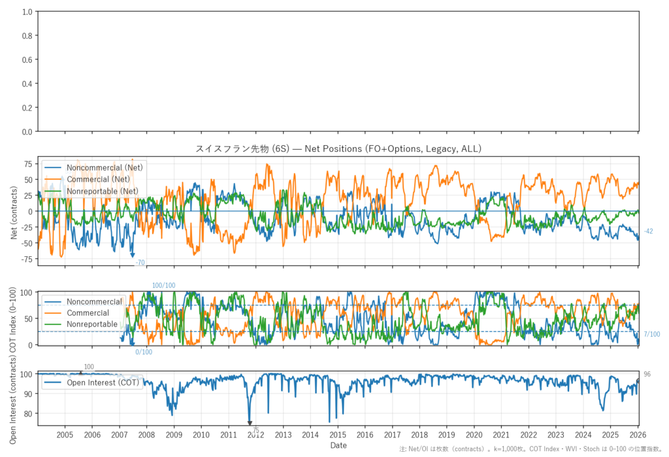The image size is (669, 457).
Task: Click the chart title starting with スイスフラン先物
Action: [x=338, y=149]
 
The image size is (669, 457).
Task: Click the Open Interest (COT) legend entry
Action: [x=103, y=382]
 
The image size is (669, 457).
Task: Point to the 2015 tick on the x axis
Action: [x=338, y=435]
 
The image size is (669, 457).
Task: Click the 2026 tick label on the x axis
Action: [x=638, y=435]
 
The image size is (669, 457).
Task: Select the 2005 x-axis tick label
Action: [x=65, y=435]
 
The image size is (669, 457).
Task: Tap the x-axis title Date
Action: [x=338, y=445]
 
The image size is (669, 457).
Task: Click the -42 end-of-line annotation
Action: [x=648, y=231]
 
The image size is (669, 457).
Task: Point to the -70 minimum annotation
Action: [x=140, y=263]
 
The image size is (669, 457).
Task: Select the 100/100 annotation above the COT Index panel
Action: [x=164, y=286]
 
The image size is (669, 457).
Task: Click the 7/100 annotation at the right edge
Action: [x=651, y=335]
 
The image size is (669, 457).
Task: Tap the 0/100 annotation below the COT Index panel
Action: [x=144, y=352]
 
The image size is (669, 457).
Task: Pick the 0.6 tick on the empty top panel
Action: [x=27, y=60]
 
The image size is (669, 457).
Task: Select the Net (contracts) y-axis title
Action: [x=14, y=211]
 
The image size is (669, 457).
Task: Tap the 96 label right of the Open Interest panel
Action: [x=647, y=374]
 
